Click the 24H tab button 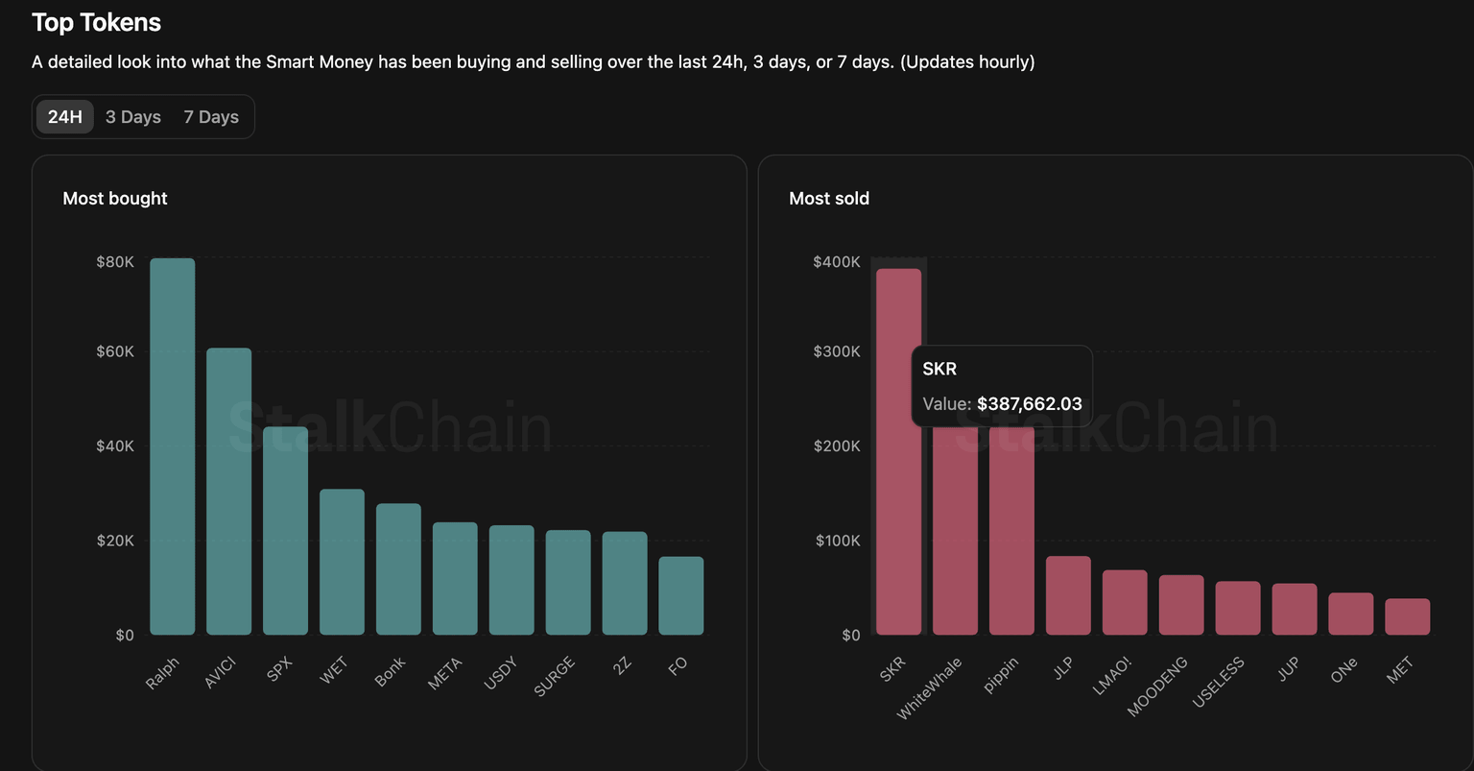(x=65, y=117)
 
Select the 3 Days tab (x=133, y=117)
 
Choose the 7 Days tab (x=211, y=117)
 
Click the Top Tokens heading (x=96, y=22)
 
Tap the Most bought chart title (x=115, y=199)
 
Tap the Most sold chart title (x=829, y=199)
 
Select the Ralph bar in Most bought (x=173, y=446)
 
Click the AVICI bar (x=229, y=492)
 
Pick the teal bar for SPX (x=286, y=531)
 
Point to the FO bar (x=681, y=596)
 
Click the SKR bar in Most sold (x=898, y=499)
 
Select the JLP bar (x=1068, y=595)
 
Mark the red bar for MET (x=1408, y=616)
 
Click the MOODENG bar (x=1181, y=605)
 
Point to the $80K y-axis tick (x=115, y=262)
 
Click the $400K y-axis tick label (x=837, y=262)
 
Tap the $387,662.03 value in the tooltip (x=1030, y=404)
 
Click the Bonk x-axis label (x=391, y=671)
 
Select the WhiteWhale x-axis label (x=930, y=687)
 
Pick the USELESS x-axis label (x=1219, y=682)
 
